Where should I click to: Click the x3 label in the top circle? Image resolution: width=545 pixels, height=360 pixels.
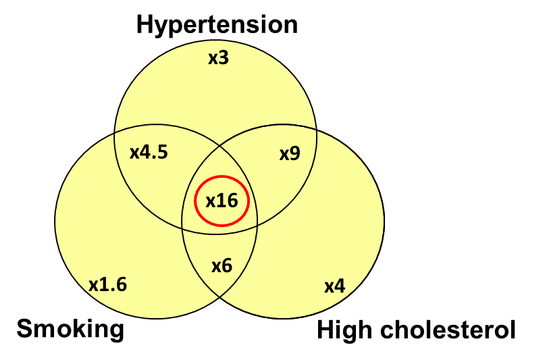coord(218,58)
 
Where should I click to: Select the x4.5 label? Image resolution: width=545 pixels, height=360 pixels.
coord(149,152)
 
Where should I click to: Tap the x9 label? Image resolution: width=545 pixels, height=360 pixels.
coord(290,154)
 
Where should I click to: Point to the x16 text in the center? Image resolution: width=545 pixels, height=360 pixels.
coord(222,201)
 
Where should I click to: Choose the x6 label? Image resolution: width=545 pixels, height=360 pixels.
coord(222,266)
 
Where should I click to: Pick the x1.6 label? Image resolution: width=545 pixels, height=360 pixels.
coord(107,284)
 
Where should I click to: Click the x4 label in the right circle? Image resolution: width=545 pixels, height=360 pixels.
coord(334,286)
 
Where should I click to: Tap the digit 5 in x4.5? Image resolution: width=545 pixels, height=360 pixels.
coord(162,152)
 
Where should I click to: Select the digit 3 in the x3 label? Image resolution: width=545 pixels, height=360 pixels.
coord(224,58)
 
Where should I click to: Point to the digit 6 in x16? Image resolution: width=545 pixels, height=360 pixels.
coord(233,201)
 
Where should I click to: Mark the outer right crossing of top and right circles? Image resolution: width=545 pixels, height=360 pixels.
coord(316,128)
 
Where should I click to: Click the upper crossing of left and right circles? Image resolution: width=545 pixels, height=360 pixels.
coord(219,143)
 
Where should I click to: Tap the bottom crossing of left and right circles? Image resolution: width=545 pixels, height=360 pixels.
coord(220,298)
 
